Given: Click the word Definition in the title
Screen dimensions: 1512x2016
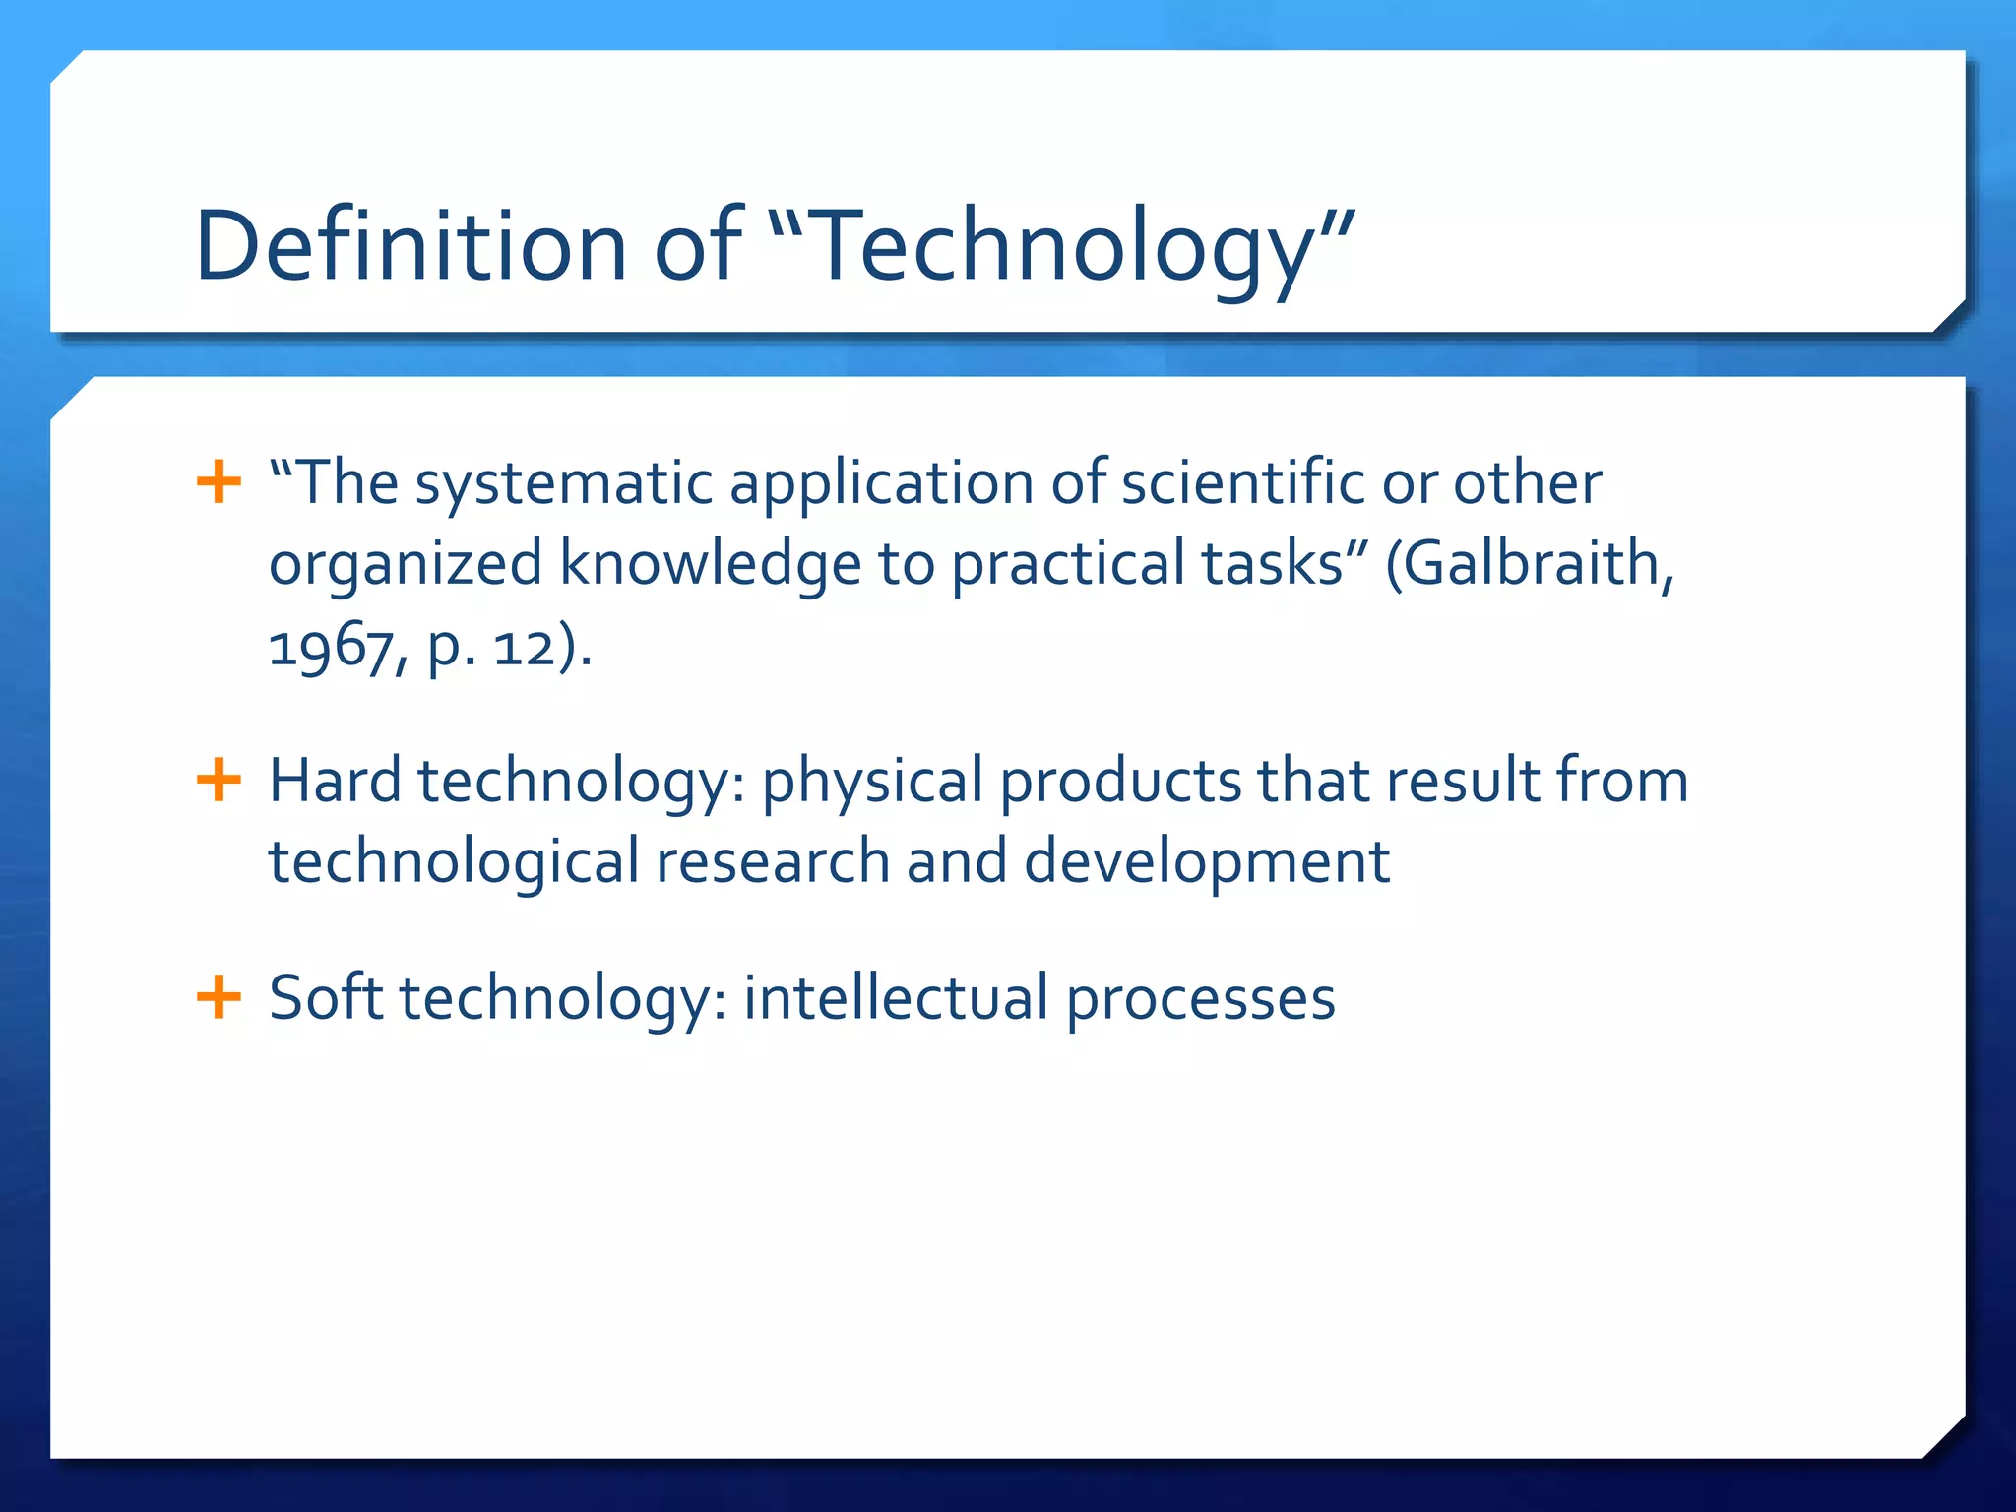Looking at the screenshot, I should click(x=410, y=246).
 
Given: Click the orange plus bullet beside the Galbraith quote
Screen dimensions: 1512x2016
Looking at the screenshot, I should click(x=219, y=482).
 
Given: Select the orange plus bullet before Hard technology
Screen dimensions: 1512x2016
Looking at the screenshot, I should click(x=219, y=781).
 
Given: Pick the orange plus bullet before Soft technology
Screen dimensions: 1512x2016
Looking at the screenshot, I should click(x=219, y=997).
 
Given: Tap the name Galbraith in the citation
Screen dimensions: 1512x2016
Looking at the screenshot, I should click(x=1536, y=564).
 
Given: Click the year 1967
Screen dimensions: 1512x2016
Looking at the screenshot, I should click(x=329, y=648).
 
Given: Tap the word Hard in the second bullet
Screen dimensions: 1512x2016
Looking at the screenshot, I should click(x=335, y=781).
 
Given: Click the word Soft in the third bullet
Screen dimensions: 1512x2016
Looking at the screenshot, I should click(x=326, y=997).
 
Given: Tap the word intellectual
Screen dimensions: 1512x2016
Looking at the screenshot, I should click(x=896, y=997).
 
